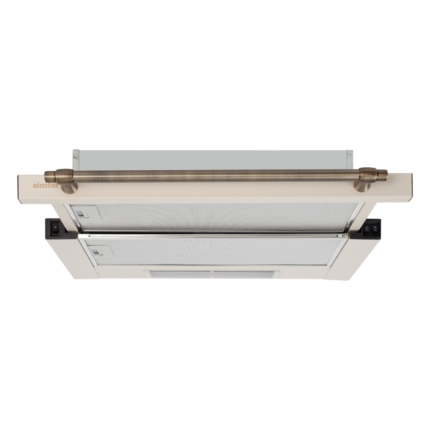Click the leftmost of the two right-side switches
pos(367,229)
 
